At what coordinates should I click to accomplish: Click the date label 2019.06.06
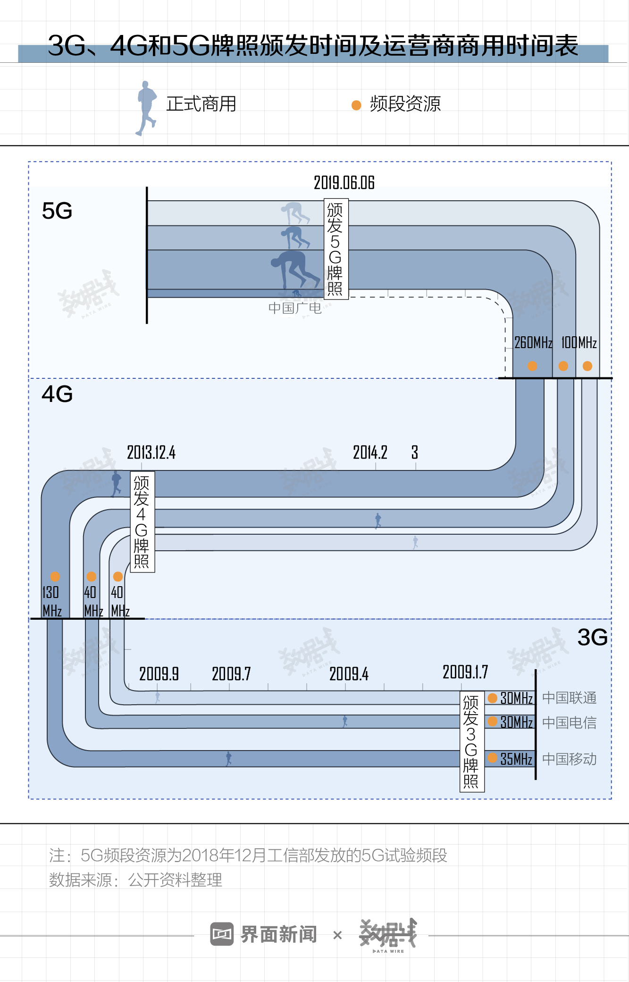coord(344,183)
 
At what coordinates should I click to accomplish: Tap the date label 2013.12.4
coord(151,453)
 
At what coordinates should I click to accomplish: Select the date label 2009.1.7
coord(465,672)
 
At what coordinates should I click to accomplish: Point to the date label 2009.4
coord(349,674)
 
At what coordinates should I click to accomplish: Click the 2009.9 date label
coord(159,674)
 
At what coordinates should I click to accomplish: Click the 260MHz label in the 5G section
coord(533,343)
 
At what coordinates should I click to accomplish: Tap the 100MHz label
coord(579,343)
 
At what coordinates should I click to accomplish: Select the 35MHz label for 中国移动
coord(516,759)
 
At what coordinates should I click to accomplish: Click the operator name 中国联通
coord(569,698)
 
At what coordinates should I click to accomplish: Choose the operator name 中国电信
coord(569,723)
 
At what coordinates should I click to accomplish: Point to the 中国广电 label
coord(295,308)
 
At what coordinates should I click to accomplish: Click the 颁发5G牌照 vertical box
coord(335,249)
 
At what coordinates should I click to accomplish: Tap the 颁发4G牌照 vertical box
coord(142,522)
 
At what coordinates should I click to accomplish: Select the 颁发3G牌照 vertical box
coord(471,742)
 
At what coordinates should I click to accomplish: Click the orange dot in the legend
coord(356,105)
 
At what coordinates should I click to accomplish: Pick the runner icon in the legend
coord(147,108)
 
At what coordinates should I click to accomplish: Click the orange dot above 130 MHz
coord(55,577)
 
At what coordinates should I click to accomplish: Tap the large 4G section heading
coord(57,394)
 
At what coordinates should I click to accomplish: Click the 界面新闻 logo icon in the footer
coord(222,934)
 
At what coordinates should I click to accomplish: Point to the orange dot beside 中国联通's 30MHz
coord(493,698)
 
